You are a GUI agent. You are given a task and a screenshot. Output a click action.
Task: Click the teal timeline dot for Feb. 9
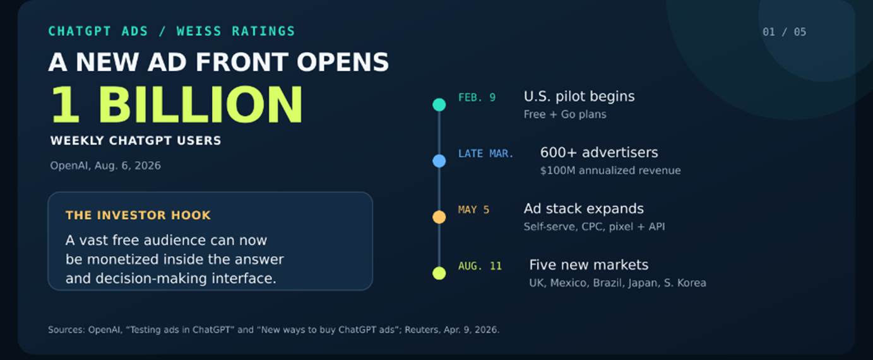click(439, 105)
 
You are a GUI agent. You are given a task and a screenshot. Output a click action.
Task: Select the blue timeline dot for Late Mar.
click(439, 160)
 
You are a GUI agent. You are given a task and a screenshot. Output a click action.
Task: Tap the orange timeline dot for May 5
click(439, 217)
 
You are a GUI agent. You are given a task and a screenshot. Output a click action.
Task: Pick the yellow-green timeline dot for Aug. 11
click(439, 273)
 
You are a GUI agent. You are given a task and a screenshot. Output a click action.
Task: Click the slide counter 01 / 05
click(784, 32)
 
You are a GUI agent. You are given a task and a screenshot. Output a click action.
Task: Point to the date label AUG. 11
click(480, 266)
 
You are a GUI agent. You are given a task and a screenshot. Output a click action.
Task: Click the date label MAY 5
click(473, 210)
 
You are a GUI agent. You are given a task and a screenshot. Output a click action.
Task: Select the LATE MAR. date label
click(486, 153)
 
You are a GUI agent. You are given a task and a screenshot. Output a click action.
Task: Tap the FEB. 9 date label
click(477, 97)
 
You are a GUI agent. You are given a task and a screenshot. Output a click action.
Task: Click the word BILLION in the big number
click(200, 105)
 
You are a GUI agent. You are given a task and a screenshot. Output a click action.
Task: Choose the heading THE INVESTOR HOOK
click(138, 215)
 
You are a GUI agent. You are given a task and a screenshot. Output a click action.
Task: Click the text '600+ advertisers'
click(599, 152)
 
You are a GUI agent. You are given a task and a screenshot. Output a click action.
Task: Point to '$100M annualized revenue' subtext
click(610, 171)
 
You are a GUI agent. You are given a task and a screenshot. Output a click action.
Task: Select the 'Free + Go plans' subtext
click(565, 114)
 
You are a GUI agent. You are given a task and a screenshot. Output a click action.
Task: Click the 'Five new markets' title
click(589, 265)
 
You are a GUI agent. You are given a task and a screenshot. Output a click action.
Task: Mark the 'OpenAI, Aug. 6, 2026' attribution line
click(105, 165)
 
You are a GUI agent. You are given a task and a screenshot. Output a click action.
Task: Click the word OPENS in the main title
click(343, 62)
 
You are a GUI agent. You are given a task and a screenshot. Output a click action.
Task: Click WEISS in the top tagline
click(199, 31)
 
